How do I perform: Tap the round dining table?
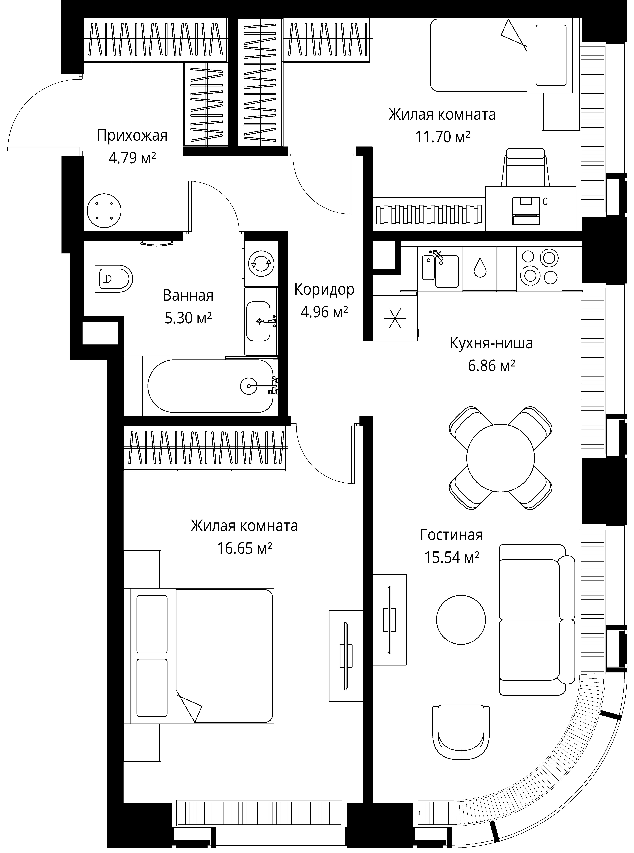coord(500,458)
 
